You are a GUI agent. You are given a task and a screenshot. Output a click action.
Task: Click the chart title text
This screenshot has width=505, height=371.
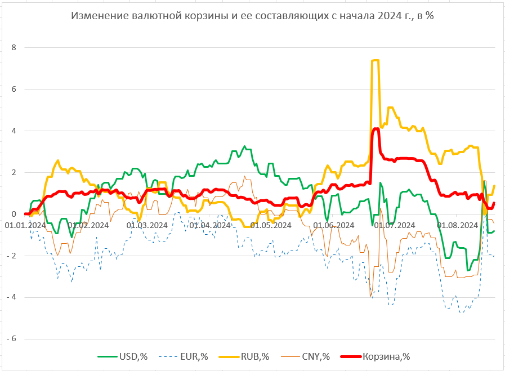point(252,16)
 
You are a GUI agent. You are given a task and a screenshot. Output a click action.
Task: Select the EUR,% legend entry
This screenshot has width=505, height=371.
point(188,356)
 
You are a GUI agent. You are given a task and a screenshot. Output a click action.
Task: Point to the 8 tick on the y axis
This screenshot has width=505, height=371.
point(14,47)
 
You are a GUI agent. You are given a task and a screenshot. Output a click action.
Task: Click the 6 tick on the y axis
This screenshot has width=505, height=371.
point(14,89)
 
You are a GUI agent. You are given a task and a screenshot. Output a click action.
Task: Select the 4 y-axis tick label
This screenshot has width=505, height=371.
point(14,131)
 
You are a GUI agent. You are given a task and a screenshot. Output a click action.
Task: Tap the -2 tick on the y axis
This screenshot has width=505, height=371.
point(12,256)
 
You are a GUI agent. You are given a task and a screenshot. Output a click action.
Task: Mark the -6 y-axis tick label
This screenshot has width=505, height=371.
point(12,339)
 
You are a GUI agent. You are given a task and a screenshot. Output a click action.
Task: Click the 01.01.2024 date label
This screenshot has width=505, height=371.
point(25,225)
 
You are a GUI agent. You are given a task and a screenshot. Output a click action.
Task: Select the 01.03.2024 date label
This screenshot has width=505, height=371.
point(147,225)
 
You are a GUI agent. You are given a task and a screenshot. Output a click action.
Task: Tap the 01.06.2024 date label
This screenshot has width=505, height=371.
point(332,225)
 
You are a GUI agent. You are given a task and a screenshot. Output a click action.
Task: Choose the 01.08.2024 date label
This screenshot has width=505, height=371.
point(457,225)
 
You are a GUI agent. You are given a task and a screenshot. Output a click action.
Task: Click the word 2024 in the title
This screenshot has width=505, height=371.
point(385,16)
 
